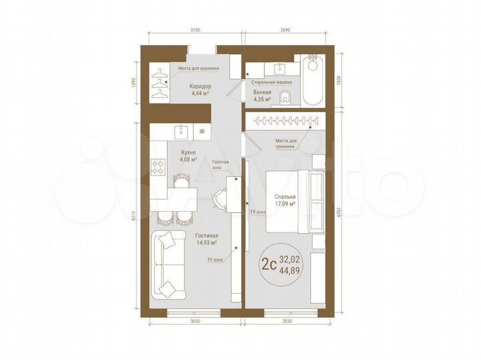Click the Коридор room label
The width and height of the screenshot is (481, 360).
point(200,86)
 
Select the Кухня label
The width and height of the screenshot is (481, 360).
point(188,152)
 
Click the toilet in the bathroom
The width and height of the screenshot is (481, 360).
point(285,97)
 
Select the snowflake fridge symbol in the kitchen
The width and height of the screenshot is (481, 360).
point(202,131)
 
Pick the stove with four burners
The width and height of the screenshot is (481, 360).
point(158,166)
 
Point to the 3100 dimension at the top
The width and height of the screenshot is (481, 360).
point(194,30)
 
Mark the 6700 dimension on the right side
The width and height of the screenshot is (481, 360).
point(340,213)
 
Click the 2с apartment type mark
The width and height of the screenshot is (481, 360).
point(269,264)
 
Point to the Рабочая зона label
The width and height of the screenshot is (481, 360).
point(222,164)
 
